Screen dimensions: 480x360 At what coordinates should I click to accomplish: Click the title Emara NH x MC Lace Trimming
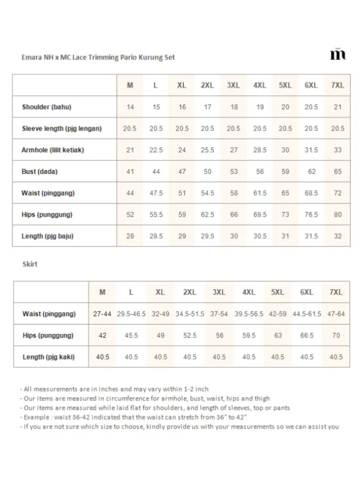[x=98, y=57]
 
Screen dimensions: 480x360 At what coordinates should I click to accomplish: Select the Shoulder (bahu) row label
[x=46, y=107]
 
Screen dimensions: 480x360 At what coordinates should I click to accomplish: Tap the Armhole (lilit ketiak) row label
[x=53, y=150]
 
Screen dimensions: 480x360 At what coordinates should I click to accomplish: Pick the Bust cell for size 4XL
[x=260, y=171]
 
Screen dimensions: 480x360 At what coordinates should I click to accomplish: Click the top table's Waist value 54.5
[x=207, y=193]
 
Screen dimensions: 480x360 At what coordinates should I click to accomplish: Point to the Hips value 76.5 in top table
[x=311, y=214]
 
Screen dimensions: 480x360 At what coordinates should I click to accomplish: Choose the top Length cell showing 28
[x=130, y=236]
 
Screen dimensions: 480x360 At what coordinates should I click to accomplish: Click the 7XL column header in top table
[x=338, y=86]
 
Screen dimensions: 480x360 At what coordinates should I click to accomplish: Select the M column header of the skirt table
[x=103, y=292]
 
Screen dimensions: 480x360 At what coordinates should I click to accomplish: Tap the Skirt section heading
[x=29, y=264]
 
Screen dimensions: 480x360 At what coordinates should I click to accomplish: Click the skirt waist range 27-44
[x=103, y=314]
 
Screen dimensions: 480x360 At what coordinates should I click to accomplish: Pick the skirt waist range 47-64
[x=336, y=314]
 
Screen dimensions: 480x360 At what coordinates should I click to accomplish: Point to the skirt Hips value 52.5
[x=190, y=335]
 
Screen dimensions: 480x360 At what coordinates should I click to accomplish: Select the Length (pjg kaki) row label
[x=49, y=357]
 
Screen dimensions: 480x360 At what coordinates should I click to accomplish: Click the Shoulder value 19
[x=260, y=107]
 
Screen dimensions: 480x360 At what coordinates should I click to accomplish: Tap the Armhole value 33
[x=338, y=150]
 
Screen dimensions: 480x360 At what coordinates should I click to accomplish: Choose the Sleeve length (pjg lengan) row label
[x=62, y=129]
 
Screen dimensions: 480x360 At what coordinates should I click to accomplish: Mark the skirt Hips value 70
[x=336, y=335]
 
